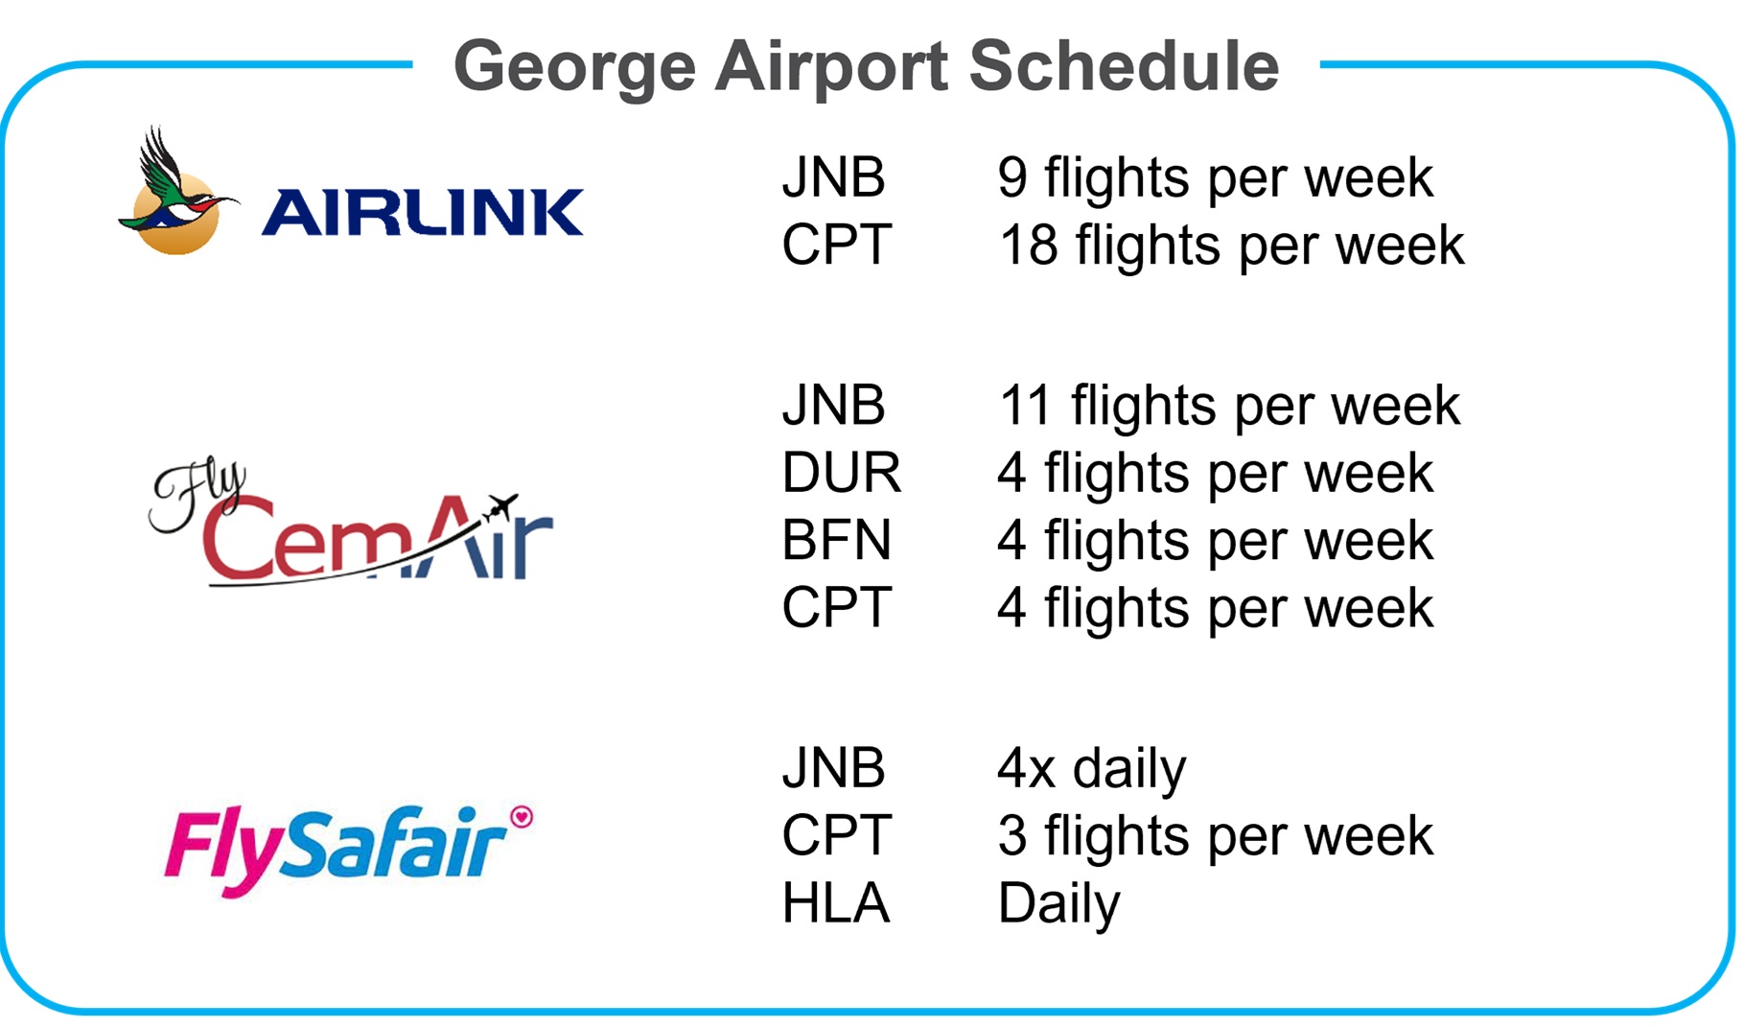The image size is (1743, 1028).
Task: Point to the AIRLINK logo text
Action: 423,212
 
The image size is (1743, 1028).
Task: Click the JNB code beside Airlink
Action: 833,177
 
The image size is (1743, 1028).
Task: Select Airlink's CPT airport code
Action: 837,245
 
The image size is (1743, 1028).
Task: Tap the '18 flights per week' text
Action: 1231,245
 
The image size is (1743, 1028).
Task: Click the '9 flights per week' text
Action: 1215,178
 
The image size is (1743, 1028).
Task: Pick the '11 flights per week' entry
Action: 1229,406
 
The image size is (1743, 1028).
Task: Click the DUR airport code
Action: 841,473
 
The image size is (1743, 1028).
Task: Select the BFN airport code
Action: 836,540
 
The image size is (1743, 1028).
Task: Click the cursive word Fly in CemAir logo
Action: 198,497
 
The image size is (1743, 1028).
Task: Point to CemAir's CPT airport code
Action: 837,607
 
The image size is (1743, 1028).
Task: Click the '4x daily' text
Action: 1092,769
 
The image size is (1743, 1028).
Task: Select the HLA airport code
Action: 835,903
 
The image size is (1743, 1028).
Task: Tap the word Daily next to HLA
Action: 1058,904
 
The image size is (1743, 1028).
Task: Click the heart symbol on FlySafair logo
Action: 522,816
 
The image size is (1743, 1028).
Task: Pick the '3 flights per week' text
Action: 1215,836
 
